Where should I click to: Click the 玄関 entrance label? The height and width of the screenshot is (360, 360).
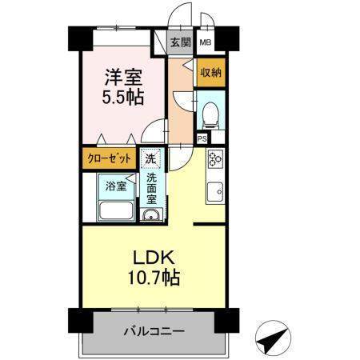pos(181,42)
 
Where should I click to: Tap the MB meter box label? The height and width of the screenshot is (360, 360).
pos(206,42)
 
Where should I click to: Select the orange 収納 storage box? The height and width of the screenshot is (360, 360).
pos(211,72)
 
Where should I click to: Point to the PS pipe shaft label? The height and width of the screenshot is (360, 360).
pos(202,138)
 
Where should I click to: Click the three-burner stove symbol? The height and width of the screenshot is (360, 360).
pos(215,159)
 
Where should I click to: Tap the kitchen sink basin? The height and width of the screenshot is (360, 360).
pos(215,192)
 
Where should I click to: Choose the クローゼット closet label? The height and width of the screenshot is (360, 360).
pos(110,159)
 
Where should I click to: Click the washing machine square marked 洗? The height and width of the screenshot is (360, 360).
pos(150,159)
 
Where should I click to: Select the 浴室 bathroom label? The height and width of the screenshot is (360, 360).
pos(116,186)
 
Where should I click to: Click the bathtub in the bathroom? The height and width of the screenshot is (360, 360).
pos(116,210)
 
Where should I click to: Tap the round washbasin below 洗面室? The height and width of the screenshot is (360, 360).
pos(151,214)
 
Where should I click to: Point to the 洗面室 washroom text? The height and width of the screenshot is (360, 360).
pos(151,189)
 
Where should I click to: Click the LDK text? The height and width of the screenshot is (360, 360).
pos(154,258)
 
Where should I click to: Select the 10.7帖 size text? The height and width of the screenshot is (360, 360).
pos(154,278)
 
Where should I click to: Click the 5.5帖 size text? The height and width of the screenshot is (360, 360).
pos(123,97)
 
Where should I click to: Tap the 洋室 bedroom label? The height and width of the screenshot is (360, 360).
pos(123,77)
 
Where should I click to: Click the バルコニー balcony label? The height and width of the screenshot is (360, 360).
pos(154,331)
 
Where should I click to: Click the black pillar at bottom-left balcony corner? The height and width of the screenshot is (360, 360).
pos(81,321)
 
